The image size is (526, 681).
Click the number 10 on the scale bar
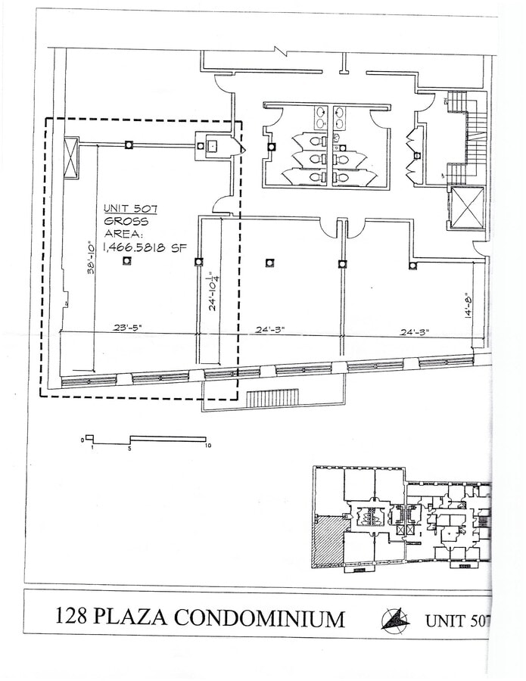coord(207,447)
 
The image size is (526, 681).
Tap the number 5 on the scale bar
coord(130,448)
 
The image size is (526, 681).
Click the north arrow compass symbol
coord(394,619)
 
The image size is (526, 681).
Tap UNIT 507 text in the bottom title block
coord(456,621)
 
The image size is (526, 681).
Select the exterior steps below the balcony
coord(272,398)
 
